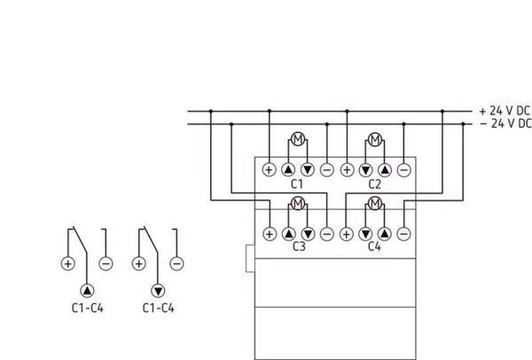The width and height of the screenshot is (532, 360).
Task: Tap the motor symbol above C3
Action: tap(298, 204)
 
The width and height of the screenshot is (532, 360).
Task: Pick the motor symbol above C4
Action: tap(375, 204)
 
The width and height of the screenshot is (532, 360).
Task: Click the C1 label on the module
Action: tap(298, 184)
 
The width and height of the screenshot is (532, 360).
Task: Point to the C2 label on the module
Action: tap(375, 184)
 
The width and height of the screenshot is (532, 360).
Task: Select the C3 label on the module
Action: tap(298, 247)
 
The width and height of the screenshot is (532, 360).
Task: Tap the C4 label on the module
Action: tap(375, 247)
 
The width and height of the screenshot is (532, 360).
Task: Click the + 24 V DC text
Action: tap(505, 111)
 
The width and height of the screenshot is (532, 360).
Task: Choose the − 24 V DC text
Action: tap(505, 124)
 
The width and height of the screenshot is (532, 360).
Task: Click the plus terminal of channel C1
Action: tap(269, 168)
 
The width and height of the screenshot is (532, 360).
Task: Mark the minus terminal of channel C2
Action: tap(404, 168)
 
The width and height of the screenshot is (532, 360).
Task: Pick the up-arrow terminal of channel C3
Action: tap(288, 233)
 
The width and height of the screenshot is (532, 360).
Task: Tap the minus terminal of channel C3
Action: tap(327, 233)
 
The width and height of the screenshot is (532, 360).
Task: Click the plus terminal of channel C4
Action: tap(347, 233)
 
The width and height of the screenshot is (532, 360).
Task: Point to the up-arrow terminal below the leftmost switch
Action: tap(87, 290)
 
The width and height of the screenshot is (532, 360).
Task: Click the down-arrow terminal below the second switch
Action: tap(158, 290)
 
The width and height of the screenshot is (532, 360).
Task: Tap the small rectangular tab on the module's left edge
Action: tap(250, 259)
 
